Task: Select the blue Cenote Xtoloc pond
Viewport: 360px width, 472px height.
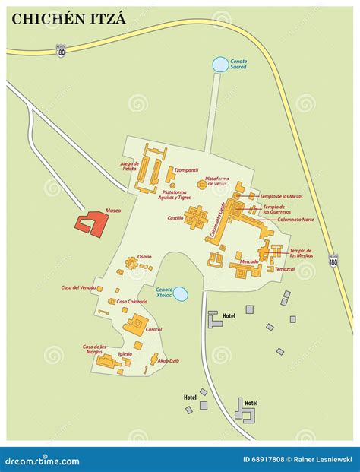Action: coord(180,293)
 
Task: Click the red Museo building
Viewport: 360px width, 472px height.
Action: coord(92,222)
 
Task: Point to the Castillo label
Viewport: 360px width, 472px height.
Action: coord(175,218)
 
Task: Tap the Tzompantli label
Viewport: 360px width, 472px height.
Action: coord(186,169)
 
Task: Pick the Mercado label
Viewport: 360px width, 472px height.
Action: coord(249,261)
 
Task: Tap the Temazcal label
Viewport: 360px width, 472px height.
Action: coord(285,268)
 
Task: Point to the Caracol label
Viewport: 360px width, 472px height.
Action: coord(153,329)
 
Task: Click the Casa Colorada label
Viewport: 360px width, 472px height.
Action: coord(132,302)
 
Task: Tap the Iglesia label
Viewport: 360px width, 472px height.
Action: coord(125,353)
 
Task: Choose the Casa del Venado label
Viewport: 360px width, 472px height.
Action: coord(77,287)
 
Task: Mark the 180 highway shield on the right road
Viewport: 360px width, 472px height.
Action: coord(333,260)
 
